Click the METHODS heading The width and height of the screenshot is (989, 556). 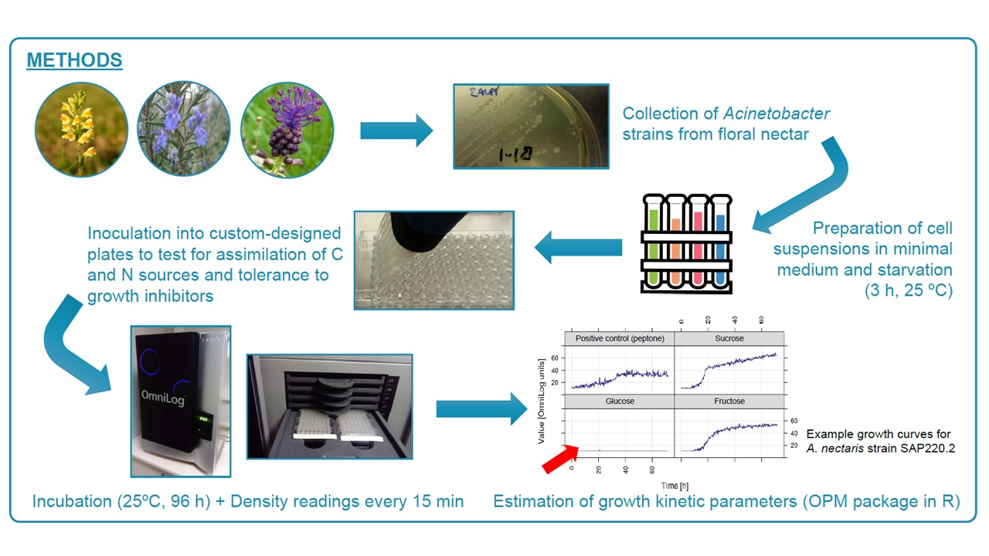(x=74, y=60)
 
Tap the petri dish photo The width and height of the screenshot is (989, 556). (x=530, y=126)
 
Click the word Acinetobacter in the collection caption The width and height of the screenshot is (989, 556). (x=777, y=114)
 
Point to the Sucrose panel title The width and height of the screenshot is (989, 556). (x=729, y=338)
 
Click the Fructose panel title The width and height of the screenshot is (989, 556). (x=729, y=402)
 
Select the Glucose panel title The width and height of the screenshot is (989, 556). (x=620, y=402)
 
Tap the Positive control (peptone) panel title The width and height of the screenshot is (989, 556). (x=620, y=338)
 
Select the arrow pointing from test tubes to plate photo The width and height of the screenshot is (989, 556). (x=579, y=248)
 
